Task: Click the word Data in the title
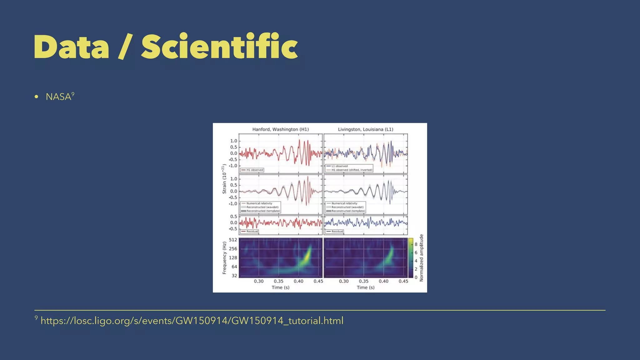click(x=72, y=47)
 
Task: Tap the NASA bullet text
click(x=58, y=97)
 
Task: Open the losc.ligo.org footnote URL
click(x=192, y=321)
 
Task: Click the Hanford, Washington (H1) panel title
click(x=280, y=129)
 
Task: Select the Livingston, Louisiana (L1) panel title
click(x=365, y=129)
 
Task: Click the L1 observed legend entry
click(x=339, y=166)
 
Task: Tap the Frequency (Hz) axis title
click(x=224, y=258)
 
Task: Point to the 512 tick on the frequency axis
click(x=233, y=240)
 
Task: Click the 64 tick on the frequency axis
click(x=234, y=267)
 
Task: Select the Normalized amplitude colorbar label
click(x=421, y=258)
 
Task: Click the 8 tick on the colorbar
click(x=416, y=244)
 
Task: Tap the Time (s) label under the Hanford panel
click(x=280, y=287)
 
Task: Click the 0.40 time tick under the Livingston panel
click(x=383, y=281)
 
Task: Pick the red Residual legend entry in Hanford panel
click(x=252, y=232)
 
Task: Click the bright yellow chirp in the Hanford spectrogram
click(x=306, y=256)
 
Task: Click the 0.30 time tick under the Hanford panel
click(x=258, y=281)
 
